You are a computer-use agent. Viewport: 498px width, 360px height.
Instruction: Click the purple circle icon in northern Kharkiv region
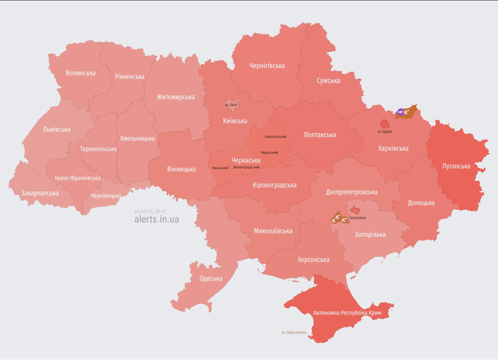click(x=400, y=112)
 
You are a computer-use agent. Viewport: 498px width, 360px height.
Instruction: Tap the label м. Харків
click(x=385, y=132)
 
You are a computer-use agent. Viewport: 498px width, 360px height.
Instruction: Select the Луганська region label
click(x=456, y=166)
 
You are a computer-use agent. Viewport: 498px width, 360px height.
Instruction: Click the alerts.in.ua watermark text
click(x=156, y=219)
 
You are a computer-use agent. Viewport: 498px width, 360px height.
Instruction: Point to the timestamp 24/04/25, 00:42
click(x=150, y=211)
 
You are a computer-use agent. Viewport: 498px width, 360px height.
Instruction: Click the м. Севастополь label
click(x=294, y=332)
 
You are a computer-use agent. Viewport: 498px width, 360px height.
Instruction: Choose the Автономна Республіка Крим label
click(x=347, y=313)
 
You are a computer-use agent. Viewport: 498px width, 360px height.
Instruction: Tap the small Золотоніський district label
click(x=275, y=137)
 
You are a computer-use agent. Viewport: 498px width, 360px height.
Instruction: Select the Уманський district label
click(x=220, y=168)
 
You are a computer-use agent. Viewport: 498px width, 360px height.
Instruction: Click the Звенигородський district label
click(x=246, y=167)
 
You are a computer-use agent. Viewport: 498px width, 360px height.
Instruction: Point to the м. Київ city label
click(x=231, y=105)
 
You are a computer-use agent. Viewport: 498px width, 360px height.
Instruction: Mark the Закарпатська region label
click(x=40, y=193)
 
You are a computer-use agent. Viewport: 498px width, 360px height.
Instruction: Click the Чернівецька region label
click(x=105, y=195)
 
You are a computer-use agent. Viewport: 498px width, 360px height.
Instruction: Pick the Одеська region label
click(x=211, y=278)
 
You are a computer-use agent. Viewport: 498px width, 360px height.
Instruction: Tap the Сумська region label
click(x=328, y=81)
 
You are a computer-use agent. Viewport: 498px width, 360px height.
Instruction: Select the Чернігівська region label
click(x=267, y=66)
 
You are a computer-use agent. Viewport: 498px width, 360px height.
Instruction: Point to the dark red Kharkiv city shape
click(x=384, y=124)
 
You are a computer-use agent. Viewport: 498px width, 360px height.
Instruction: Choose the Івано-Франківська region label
click(x=77, y=178)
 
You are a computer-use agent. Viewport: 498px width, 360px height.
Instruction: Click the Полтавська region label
click(x=320, y=135)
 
